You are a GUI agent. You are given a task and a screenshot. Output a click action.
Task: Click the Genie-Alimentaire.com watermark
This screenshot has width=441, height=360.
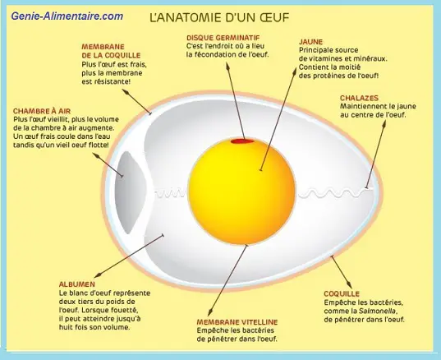coord(67,16)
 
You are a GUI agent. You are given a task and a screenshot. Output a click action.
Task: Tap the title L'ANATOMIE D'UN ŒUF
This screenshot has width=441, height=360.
coord(219,17)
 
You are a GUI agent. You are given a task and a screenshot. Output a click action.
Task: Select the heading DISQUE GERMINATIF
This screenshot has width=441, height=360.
coord(223,38)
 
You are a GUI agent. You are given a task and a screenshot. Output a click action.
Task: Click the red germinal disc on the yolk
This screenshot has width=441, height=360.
coord(242,141)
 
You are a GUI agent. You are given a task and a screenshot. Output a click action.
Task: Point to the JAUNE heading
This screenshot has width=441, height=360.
coord(310,42)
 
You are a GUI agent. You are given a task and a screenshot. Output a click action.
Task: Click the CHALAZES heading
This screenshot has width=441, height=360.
coord(359,98)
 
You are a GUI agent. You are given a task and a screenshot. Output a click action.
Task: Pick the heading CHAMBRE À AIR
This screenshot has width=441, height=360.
coord(42,111)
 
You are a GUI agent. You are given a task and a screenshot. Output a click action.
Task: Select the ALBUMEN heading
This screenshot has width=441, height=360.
coord(77,284)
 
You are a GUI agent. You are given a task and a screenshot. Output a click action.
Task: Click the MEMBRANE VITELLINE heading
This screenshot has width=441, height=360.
coord(237,322)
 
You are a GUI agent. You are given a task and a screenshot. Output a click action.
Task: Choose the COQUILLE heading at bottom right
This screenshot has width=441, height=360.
coord(342,294)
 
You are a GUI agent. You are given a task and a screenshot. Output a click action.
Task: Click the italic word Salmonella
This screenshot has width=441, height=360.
coord(378,311)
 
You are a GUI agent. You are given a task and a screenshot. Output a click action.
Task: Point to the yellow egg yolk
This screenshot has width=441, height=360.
coord(242,192)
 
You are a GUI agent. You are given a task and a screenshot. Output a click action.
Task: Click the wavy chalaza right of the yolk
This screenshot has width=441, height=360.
coord(336,193)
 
